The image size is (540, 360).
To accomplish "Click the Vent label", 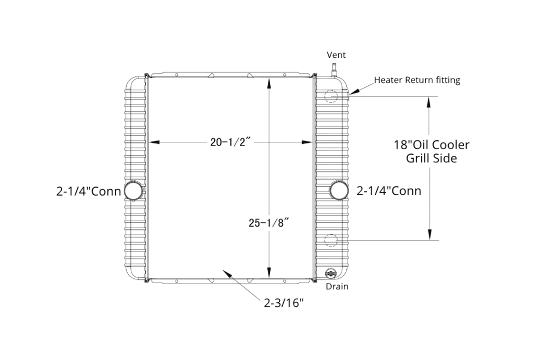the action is point(336,55).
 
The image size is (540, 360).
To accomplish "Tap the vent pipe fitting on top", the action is point(333,70).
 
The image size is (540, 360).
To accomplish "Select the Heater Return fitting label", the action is point(417,80).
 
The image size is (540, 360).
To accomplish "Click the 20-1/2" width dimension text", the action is point(230,142).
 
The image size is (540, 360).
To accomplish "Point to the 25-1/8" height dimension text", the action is point(268,223).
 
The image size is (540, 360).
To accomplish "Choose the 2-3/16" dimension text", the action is point(284,303).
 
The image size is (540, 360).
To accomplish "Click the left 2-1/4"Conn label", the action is point(89,191).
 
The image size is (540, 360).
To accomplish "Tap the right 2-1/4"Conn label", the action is point(389,191).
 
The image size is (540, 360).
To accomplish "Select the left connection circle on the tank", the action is point(133,190).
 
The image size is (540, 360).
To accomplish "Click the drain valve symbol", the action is point(330,273).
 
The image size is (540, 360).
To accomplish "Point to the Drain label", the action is point(337,286).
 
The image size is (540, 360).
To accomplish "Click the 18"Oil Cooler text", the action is point(431,145).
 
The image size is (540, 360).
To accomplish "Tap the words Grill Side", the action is point(431,158).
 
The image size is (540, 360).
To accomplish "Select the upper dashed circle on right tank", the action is point(331,96).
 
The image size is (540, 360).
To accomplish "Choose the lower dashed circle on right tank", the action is point(331,240).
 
